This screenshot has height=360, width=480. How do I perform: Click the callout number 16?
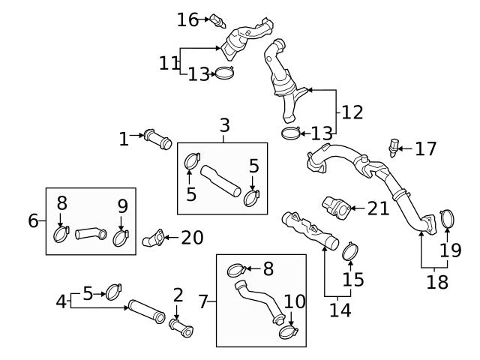click(187, 19)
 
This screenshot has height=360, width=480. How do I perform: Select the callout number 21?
click(378, 208)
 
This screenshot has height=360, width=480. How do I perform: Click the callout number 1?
click(124, 139)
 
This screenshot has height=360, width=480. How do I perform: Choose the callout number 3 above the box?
click(224, 125)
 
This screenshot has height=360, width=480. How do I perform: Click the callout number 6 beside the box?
click(33, 221)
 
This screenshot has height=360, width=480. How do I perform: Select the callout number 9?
click(122, 205)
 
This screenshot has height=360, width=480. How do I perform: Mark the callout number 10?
click(295, 301)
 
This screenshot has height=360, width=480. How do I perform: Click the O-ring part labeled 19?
click(447, 219)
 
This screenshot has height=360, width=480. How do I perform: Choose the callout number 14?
click(340, 307)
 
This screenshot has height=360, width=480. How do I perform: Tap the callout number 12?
click(352, 112)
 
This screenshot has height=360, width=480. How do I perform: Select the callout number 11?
click(169, 62)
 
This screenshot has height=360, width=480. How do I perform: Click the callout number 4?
click(61, 301)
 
